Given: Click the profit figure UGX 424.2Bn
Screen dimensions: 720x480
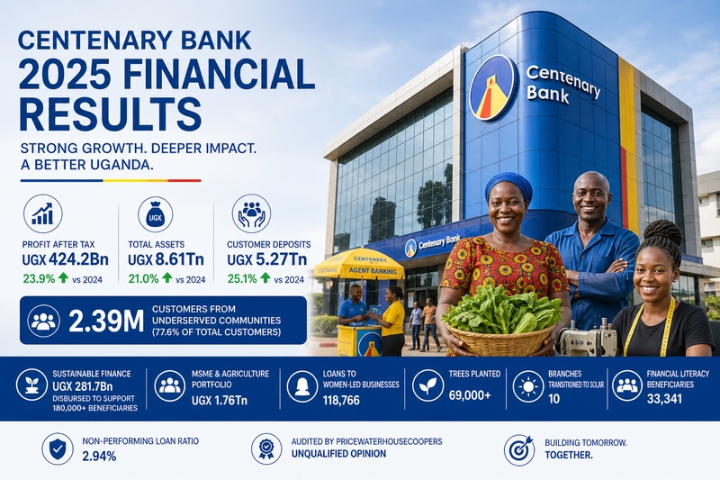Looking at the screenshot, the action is [x=65, y=260].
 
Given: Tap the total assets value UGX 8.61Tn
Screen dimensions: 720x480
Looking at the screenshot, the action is [x=166, y=260].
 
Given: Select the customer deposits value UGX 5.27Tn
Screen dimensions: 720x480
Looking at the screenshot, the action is [x=266, y=260].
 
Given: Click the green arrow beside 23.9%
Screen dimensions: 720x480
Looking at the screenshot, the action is [x=63, y=277].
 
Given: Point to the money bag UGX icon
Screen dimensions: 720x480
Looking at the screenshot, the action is [x=155, y=213].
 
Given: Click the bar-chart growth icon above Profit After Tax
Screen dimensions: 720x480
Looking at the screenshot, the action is [x=42, y=213].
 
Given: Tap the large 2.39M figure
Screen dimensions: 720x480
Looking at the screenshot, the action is [x=106, y=322].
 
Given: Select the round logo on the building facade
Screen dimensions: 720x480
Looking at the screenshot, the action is [x=492, y=87].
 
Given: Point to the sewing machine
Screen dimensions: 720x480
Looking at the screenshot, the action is [x=587, y=340].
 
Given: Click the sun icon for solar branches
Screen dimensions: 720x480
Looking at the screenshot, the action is [x=528, y=386].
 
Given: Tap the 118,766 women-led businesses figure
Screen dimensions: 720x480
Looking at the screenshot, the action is [x=341, y=400].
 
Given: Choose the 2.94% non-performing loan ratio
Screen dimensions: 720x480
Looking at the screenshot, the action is [x=99, y=456].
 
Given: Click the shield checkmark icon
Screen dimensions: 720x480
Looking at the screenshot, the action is [x=58, y=448].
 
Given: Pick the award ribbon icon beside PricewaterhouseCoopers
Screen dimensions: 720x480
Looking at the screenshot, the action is [x=266, y=448].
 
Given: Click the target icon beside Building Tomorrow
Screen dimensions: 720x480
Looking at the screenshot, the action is [x=519, y=450].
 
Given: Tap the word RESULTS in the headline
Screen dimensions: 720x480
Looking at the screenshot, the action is [x=110, y=113].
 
